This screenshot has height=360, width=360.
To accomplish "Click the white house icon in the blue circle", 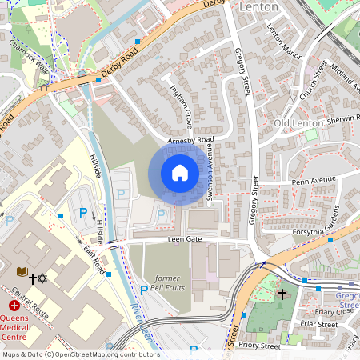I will (180, 173).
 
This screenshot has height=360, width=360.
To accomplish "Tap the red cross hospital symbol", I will (14, 306).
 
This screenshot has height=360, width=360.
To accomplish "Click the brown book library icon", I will (22, 272).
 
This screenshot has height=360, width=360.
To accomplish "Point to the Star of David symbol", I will (44, 279).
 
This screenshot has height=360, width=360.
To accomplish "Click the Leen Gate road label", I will (184, 239).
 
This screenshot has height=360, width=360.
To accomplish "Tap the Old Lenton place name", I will (298, 123).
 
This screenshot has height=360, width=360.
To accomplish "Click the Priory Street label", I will (262, 346).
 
